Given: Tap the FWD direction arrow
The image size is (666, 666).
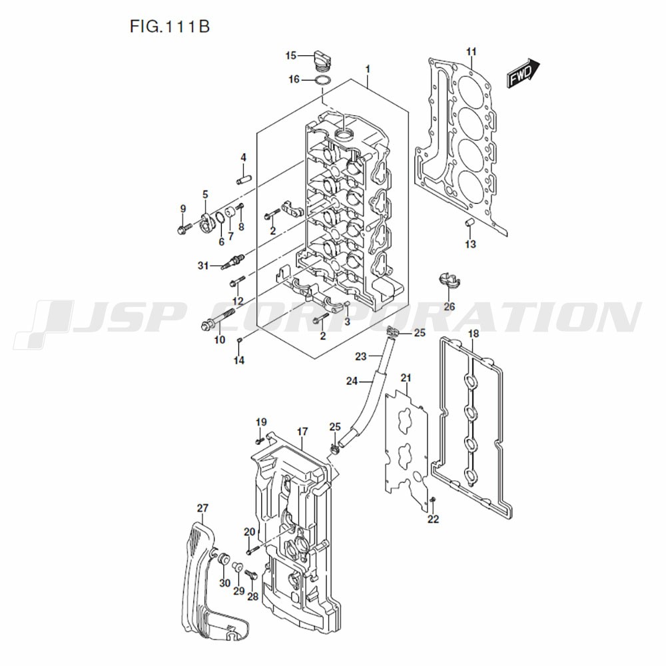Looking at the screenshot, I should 523,72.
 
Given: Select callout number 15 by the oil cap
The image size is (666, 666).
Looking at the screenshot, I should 291,55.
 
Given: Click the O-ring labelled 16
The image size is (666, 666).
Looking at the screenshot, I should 322,81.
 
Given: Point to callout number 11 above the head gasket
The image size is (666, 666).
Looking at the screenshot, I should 472,52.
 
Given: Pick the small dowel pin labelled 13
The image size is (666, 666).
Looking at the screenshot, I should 468,222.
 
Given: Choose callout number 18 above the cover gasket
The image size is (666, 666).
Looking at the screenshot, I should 474,334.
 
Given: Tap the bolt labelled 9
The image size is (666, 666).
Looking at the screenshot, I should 182,230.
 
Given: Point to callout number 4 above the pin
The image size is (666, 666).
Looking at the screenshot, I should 243,158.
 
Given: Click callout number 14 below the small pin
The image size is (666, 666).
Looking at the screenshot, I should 239,360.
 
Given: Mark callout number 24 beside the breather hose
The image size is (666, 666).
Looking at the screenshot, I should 352,381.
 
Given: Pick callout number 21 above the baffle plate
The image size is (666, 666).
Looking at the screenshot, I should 406,378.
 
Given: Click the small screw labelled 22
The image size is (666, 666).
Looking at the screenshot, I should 433,499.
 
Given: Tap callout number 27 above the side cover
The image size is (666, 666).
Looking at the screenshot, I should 202,508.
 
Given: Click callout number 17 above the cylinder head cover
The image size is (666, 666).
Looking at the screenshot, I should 302,432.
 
